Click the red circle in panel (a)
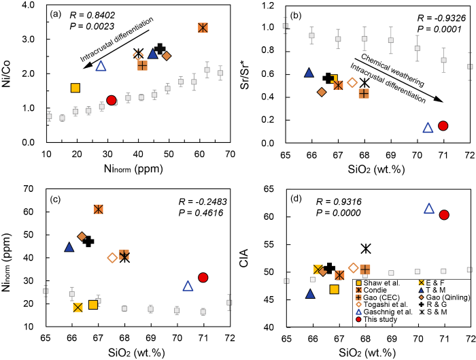point(112,100)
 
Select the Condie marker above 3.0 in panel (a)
point(203,27)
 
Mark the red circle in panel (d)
point(444,214)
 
